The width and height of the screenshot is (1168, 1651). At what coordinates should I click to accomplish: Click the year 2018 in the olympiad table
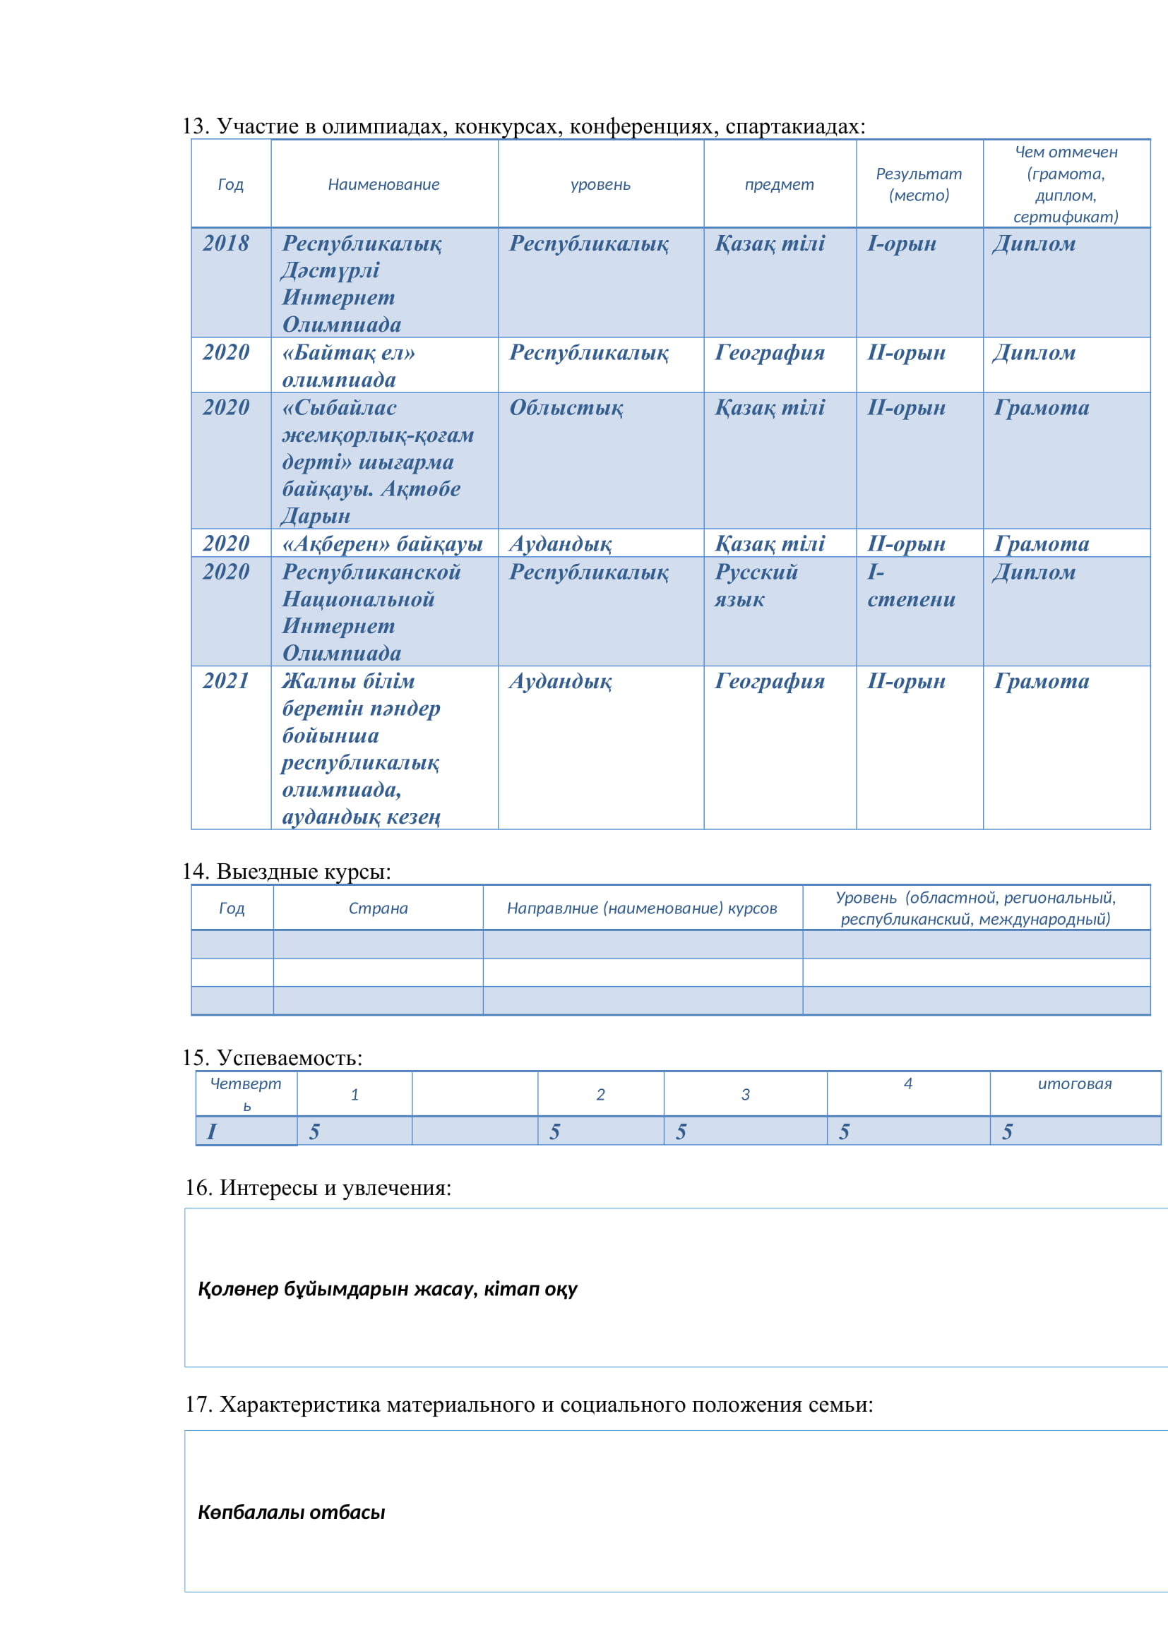(226, 244)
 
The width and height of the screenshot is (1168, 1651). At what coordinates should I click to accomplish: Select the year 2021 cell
(226, 681)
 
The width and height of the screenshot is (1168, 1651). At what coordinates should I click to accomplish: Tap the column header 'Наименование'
(383, 185)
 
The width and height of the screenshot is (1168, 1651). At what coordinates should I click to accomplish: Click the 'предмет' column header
(779, 185)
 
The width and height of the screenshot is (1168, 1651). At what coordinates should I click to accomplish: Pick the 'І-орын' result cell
(901, 244)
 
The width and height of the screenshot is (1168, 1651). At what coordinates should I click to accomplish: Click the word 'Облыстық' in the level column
(566, 408)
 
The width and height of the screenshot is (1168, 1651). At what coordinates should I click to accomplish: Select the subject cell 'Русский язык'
(755, 585)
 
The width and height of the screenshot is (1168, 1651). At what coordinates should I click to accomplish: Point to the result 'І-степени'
(910, 585)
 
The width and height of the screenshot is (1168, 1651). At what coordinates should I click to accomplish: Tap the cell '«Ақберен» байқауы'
(382, 544)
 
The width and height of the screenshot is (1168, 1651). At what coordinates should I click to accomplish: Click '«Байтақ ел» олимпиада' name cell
(349, 366)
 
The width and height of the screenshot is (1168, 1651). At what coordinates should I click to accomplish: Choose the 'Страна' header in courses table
(378, 908)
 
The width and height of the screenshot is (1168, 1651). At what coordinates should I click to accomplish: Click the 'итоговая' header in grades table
(1075, 1083)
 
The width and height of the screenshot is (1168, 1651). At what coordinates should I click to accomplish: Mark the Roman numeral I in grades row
(211, 1131)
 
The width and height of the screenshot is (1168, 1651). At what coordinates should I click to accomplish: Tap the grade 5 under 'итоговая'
(1007, 1131)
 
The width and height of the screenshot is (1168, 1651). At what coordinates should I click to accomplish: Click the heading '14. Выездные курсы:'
(286, 872)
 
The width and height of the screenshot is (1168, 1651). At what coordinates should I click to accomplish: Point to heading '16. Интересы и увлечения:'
(318, 1187)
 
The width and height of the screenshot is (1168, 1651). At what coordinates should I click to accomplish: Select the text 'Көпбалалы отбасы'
(291, 1512)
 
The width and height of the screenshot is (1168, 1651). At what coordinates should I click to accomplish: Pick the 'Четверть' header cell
(246, 1093)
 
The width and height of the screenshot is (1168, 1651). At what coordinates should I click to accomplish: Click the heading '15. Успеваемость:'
(272, 1058)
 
